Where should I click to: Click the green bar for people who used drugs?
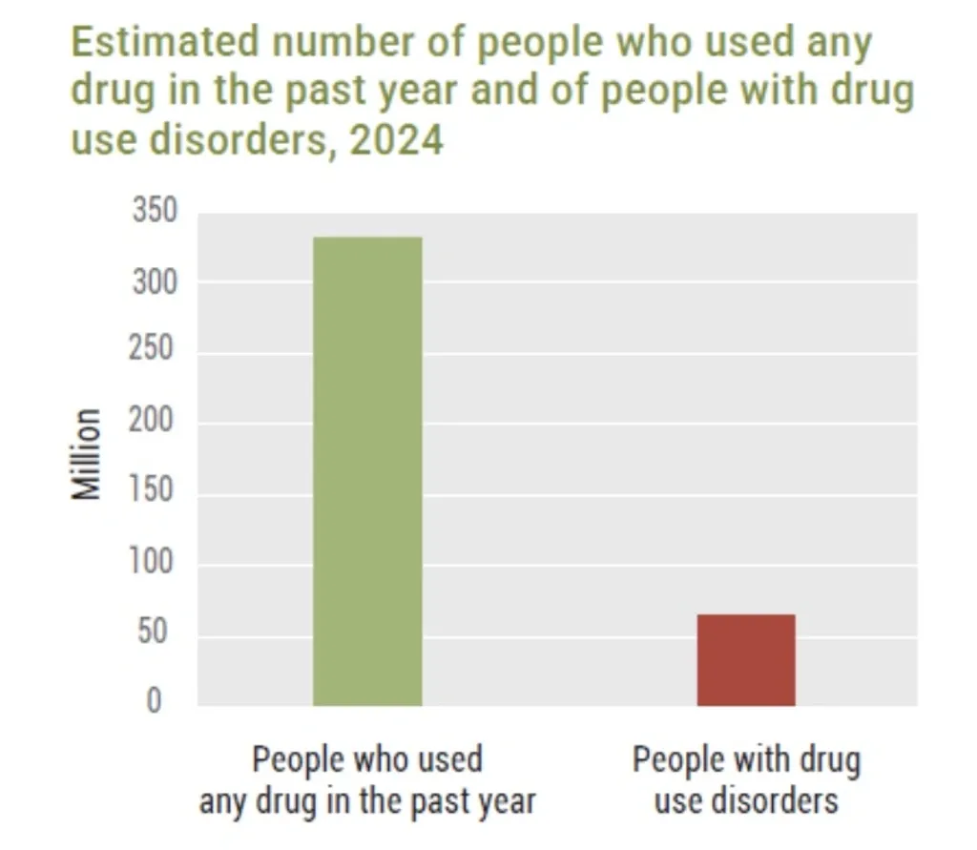[367, 471]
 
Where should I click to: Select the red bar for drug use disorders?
[746, 660]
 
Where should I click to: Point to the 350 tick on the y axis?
[155, 210]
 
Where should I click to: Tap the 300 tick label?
[155, 282]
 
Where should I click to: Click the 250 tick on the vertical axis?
[151, 347]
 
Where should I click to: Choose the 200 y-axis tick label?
[151, 420]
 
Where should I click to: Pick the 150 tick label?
[151, 489]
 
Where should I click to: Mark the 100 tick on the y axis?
[151, 561]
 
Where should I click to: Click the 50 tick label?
[152, 631]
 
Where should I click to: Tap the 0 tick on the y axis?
[154, 700]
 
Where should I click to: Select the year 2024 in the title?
[396, 139]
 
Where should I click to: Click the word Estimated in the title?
[164, 42]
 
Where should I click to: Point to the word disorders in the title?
[239, 139]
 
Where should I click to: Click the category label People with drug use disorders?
[746, 779]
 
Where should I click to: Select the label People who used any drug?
[367, 780]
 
